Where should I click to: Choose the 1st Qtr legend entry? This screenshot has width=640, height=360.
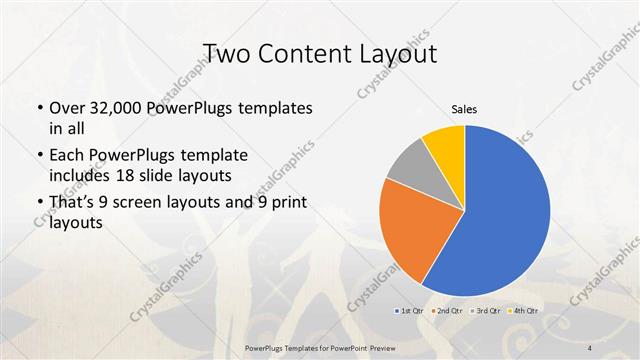click(410, 312)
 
